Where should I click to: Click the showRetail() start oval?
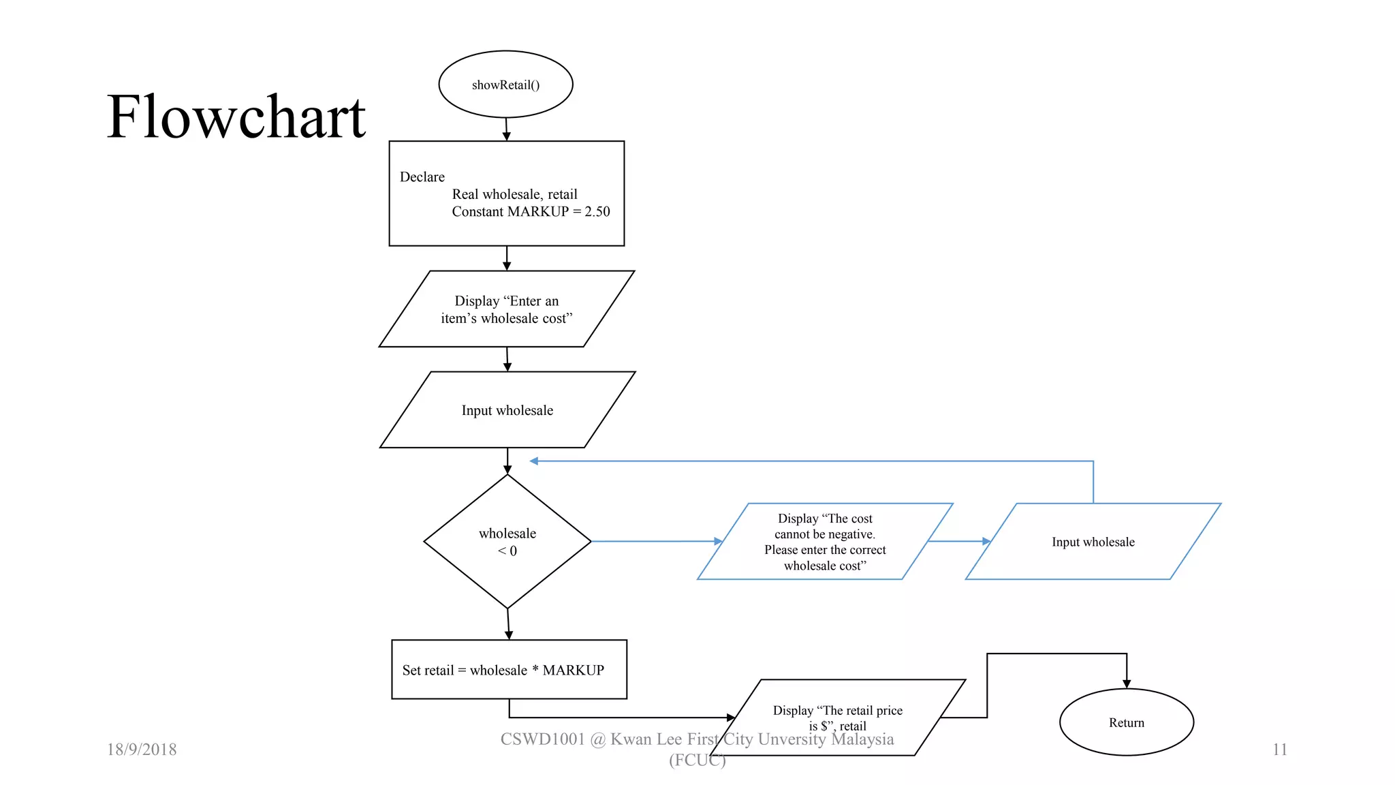click(x=505, y=84)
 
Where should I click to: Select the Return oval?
click(x=1126, y=722)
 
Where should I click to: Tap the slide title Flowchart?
click(x=236, y=117)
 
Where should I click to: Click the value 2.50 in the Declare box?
click(x=597, y=212)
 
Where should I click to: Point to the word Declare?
click(x=422, y=177)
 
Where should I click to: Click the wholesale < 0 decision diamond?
click(x=507, y=541)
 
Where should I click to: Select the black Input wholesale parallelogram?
click(x=507, y=410)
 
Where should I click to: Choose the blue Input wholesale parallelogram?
click(x=1093, y=542)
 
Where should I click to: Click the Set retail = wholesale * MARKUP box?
click(x=509, y=670)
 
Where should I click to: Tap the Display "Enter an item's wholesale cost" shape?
click(x=506, y=309)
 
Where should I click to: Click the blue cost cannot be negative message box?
click(x=824, y=542)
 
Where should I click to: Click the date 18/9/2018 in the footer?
click(x=142, y=750)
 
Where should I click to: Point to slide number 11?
click(x=1279, y=750)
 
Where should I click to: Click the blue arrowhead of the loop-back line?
click(x=534, y=461)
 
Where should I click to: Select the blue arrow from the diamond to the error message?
click(x=654, y=541)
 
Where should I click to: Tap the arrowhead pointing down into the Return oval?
click(x=1127, y=683)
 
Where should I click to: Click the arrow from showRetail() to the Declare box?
click(x=506, y=129)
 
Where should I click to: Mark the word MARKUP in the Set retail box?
click(x=573, y=671)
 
